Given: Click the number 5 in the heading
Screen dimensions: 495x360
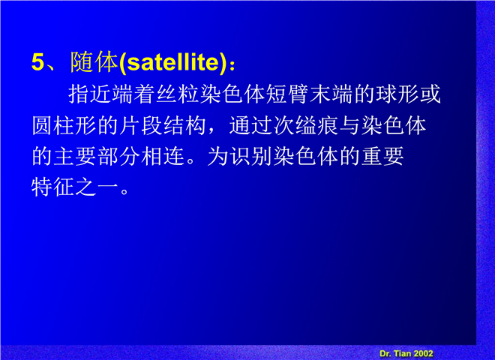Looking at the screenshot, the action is click(38, 62).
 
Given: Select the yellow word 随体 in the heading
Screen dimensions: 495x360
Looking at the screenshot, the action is click(94, 62).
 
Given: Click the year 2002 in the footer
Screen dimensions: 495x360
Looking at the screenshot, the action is click(423, 354).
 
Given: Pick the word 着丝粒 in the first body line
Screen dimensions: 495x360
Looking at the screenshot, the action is click(166, 94).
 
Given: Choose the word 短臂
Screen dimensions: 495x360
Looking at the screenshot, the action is click(287, 94).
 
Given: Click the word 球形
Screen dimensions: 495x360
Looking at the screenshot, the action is click(397, 94).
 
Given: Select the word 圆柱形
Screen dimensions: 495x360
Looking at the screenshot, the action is click(64, 125).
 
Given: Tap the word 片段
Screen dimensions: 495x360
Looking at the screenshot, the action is click(141, 125).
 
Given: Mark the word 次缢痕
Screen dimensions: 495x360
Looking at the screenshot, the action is click(305, 125).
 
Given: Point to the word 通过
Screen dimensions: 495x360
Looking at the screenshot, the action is click(250, 125).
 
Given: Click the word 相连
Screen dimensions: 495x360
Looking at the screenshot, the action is click(163, 156).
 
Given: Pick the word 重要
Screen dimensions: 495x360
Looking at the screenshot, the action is click(382, 156).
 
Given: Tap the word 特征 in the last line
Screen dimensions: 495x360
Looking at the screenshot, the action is click(53, 187).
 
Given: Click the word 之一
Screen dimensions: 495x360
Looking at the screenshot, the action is click(97, 187).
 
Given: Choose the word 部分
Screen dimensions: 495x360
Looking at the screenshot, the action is click(119, 156).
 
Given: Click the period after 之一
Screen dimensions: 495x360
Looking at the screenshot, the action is click(125, 192).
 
